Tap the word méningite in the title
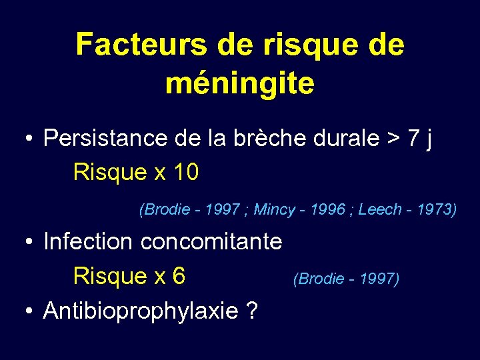click(x=240, y=83)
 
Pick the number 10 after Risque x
click(x=185, y=173)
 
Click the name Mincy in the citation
click(x=274, y=210)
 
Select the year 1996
click(x=327, y=210)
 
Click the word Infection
click(x=88, y=241)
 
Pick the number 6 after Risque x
click(x=178, y=275)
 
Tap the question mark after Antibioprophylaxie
click(x=251, y=310)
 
